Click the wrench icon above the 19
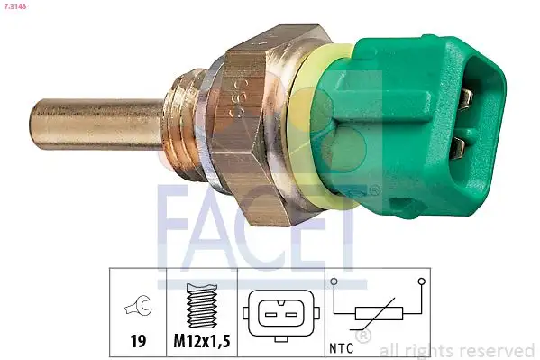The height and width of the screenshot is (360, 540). pos(139,309)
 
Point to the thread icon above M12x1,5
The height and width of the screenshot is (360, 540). pos(202,307)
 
